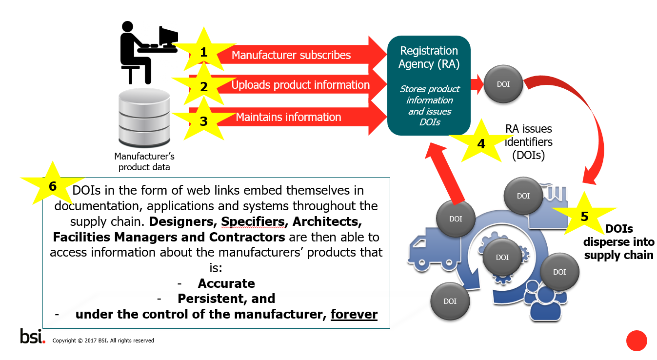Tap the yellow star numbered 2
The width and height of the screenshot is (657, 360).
[x=204, y=86]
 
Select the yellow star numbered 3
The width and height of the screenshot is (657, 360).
[x=204, y=120]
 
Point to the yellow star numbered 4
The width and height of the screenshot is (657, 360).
[x=481, y=143]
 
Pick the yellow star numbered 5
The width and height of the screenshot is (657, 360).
[x=584, y=216]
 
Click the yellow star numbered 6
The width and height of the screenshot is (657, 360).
[x=53, y=185]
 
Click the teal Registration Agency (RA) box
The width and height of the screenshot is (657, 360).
[x=429, y=85]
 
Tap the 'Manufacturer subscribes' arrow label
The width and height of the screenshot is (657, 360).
[x=291, y=55]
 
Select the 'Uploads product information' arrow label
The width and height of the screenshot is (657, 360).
[x=300, y=85]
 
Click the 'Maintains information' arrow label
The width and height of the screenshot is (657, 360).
[x=289, y=117]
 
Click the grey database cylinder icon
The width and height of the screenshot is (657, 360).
[x=144, y=118]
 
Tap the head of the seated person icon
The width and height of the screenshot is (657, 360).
[x=127, y=26]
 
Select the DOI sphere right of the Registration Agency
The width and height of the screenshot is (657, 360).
[x=503, y=84]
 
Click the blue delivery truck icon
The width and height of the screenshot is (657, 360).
[x=434, y=249]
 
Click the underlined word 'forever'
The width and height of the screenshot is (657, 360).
[x=354, y=314]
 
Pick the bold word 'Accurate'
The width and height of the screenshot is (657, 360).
[x=226, y=283]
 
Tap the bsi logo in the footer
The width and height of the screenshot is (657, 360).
[x=33, y=336]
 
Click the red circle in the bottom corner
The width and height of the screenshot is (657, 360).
[x=637, y=340]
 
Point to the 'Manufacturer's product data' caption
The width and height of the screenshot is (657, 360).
[x=144, y=161]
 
